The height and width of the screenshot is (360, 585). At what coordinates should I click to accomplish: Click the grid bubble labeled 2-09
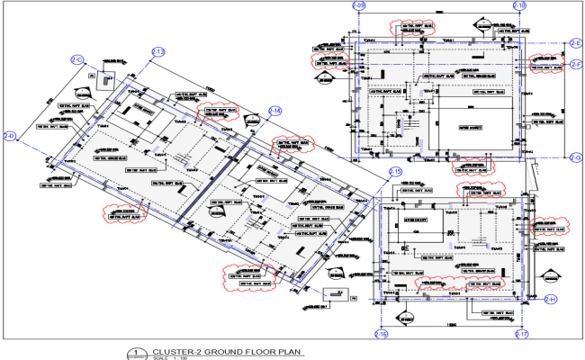[357, 6]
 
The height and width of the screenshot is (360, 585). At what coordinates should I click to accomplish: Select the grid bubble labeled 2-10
[519, 6]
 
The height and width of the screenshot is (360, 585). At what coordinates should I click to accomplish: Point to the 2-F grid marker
[576, 64]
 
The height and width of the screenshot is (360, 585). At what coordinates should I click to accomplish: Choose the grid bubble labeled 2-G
[576, 157]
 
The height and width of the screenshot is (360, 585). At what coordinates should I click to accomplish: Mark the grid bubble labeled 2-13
[158, 52]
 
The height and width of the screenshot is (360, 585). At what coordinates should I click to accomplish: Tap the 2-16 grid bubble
[382, 335]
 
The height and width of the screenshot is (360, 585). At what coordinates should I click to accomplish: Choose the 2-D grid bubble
[10, 136]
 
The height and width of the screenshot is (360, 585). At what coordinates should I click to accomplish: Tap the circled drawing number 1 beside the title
[136, 353]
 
